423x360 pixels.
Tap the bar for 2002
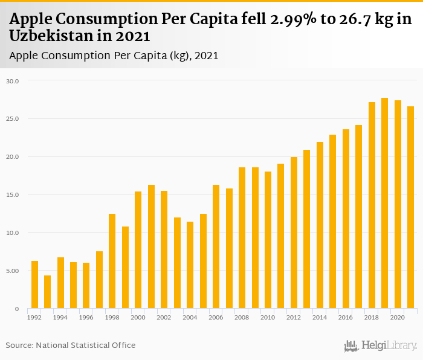click(x=164, y=250)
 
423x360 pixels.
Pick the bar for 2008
click(x=242, y=238)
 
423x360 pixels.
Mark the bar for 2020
click(x=398, y=205)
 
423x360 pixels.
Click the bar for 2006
click(x=216, y=247)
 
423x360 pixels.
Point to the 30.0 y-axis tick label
click(x=13, y=81)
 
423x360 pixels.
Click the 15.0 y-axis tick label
click(x=13, y=195)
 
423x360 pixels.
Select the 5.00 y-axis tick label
click(x=13, y=271)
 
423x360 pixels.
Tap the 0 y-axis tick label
click(x=18, y=309)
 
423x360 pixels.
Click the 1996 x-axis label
click(x=86, y=317)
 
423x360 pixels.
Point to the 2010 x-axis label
click(x=268, y=317)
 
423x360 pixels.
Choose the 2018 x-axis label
click(x=372, y=317)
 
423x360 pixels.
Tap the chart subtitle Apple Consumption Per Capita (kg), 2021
click(x=114, y=56)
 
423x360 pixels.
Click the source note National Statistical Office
click(x=86, y=345)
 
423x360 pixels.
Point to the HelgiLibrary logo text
click(x=389, y=346)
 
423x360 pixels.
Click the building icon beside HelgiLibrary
click(x=351, y=346)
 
